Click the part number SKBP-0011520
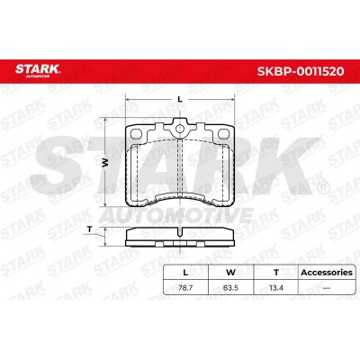(x=301, y=71)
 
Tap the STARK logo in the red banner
(x=38, y=70)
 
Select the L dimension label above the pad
(x=180, y=99)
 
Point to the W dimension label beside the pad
(x=105, y=162)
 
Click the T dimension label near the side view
(x=89, y=229)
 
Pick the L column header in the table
(x=185, y=273)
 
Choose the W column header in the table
(x=230, y=273)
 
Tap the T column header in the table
(x=276, y=273)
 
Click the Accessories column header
(x=327, y=273)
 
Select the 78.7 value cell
(x=185, y=288)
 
